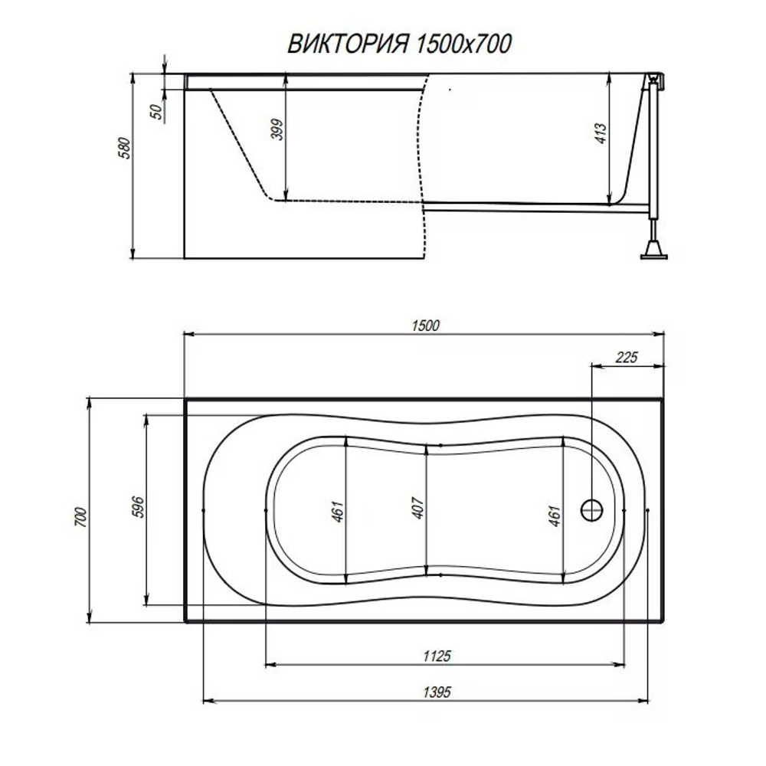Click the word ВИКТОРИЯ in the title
349,44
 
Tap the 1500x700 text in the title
463,44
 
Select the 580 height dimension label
125,148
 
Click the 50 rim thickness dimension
156,112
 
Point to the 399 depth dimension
277,129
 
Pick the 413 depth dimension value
601,133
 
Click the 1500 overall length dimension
425,326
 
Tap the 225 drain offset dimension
627,358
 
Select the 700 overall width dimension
80,517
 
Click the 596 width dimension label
138,506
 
